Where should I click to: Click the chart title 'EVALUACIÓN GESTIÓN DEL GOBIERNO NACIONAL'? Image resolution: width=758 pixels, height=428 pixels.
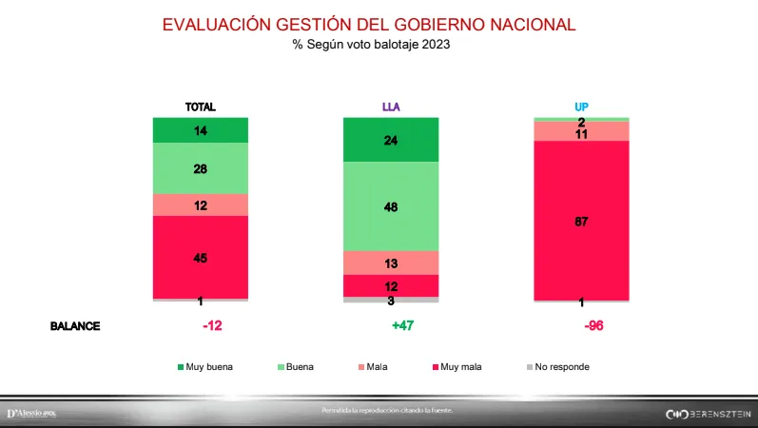(369, 25)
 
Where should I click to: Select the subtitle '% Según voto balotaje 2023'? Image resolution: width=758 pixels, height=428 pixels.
(370, 46)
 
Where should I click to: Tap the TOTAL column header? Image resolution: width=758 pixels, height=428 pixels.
(200, 107)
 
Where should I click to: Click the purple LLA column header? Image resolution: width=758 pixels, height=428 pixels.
(390, 107)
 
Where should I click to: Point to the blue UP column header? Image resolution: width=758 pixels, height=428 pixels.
(580, 107)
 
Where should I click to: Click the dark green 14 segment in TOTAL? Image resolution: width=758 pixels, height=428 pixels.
(201, 130)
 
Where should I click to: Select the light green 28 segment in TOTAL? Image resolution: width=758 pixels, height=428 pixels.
(201, 168)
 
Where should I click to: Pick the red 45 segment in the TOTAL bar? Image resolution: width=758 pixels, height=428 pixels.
(201, 257)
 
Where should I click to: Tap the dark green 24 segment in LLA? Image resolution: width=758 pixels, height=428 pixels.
(391, 140)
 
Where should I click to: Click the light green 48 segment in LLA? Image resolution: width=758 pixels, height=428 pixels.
(391, 206)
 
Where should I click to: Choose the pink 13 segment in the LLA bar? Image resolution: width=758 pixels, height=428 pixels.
(391, 263)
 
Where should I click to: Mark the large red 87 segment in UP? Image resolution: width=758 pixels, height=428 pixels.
(581, 221)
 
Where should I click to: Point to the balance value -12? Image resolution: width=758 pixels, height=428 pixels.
(212, 325)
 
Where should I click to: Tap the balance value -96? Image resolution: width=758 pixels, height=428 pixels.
(593, 325)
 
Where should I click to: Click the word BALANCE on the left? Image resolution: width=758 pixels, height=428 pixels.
(75, 325)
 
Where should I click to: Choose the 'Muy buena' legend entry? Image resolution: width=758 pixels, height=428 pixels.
(204, 366)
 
